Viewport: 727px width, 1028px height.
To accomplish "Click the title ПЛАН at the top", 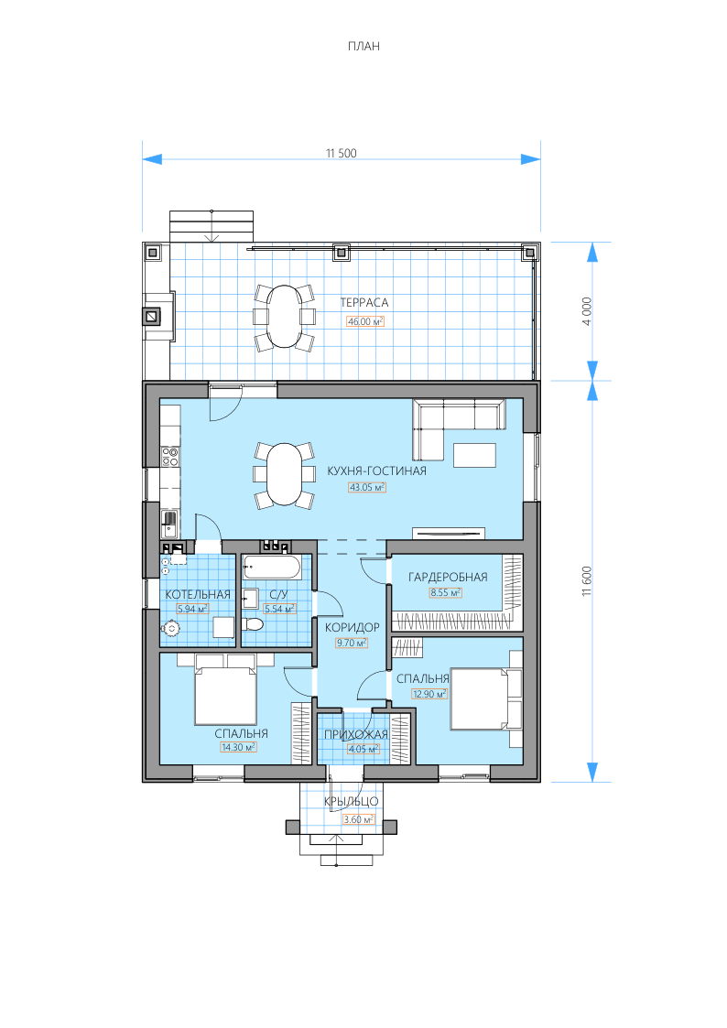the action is pos(363,46).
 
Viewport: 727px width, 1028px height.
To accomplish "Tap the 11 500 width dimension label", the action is pos(342,153).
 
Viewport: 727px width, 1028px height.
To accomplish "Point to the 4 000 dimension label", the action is pos(587,311).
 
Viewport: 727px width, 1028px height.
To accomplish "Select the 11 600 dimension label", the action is pos(587,581).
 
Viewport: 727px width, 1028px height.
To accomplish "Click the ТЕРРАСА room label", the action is pos(364,302).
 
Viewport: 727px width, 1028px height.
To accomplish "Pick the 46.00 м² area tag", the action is pos(365,321).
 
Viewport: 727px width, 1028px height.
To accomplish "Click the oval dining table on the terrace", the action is pos(285,316).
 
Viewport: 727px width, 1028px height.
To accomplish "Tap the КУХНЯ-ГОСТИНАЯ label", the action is pos(377,471).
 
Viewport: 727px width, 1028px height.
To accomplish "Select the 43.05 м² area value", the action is pos(367,487).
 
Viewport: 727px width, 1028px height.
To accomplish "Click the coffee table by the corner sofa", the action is pos(474,455).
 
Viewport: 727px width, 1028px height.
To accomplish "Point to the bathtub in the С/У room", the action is pos(272,568).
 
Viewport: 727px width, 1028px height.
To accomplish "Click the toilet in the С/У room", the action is pos(252,622).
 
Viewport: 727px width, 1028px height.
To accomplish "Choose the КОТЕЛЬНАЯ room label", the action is pos(198,594).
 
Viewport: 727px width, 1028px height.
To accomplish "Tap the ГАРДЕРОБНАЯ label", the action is pos(448,577).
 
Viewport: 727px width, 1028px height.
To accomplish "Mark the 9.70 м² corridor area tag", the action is pos(352,643).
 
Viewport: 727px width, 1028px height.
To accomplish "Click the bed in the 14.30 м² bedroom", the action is pos(225,696).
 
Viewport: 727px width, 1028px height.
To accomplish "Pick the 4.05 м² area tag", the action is pos(363,749).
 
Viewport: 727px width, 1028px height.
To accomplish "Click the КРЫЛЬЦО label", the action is pos(352,801).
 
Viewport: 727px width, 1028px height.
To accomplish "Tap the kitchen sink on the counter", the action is pos(170,524).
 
